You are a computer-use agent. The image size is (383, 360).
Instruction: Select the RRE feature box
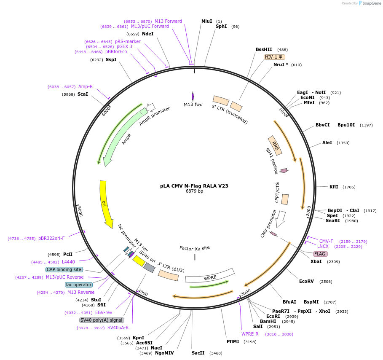pyautogui.click(x=275, y=146)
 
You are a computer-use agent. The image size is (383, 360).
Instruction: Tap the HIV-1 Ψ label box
pyautogui.click(x=275, y=57)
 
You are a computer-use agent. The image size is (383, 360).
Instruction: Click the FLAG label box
pyautogui.click(x=320, y=254)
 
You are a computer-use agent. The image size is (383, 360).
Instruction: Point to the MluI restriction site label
pyautogui.click(x=206, y=21)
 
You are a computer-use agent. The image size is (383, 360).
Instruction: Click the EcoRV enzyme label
pyautogui.click(x=306, y=281)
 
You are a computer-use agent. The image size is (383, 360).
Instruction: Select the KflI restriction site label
pyautogui.click(x=334, y=187)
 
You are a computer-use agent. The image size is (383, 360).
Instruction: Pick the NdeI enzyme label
pyautogui.click(x=148, y=34)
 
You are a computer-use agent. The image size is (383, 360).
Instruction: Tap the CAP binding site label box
pyautogui.click(x=64, y=269)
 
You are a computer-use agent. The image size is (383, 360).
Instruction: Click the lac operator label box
pyautogui.click(x=79, y=285)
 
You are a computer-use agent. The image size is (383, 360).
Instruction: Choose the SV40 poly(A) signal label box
pyautogui.click(x=102, y=320)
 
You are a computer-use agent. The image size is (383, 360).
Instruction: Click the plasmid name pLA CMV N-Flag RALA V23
pyautogui.click(x=194, y=186)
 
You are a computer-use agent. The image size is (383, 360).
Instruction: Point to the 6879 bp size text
pyautogui.click(x=194, y=191)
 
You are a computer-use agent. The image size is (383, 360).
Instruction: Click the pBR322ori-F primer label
pyautogui.click(x=51, y=238)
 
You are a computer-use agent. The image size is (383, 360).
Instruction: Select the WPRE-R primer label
pyautogui.click(x=250, y=334)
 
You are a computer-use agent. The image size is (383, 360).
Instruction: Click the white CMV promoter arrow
pyautogui.click(x=281, y=219)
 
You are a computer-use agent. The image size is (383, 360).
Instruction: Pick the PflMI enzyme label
pyautogui.click(x=233, y=341)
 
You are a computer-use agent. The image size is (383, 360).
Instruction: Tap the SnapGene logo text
pyautogui.click(x=372, y=3)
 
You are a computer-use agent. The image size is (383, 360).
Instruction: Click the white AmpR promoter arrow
pyautogui.click(x=151, y=107)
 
